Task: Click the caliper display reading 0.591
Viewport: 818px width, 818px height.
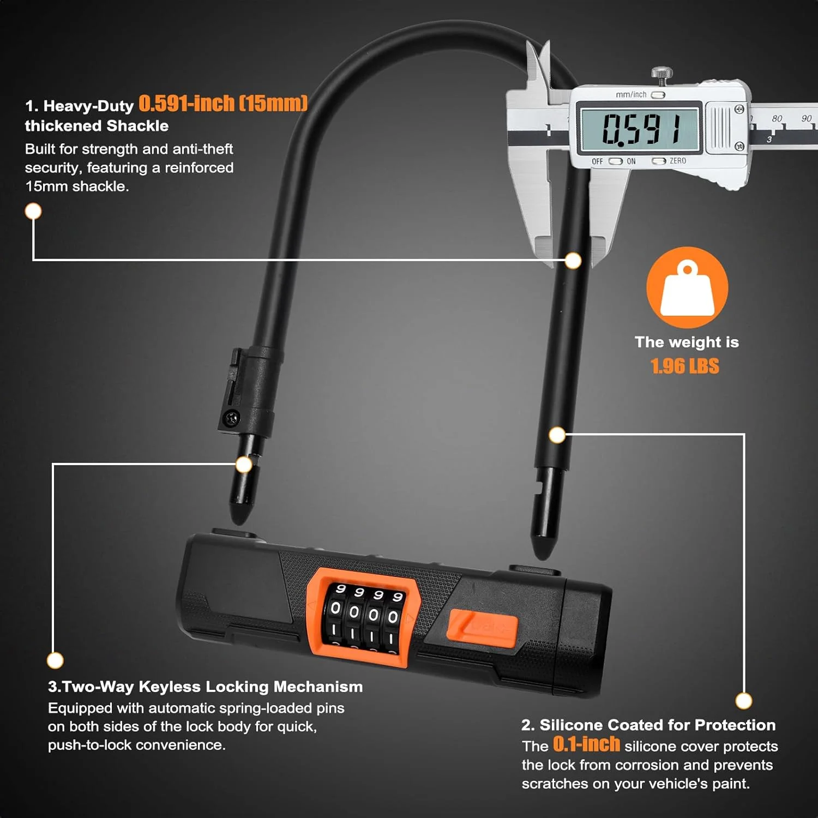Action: [639, 129]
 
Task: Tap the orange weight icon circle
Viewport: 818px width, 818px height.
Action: [687, 287]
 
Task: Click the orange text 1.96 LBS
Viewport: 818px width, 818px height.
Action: [685, 366]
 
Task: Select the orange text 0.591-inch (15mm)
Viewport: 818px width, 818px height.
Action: [223, 103]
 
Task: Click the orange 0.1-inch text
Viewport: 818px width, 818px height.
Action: [586, 744]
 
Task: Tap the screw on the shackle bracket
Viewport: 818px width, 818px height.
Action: [231, 419]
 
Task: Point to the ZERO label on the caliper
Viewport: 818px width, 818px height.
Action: [678, 161]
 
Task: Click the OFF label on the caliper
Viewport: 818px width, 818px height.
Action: [598, 161]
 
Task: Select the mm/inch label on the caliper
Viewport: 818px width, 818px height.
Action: [631, 95]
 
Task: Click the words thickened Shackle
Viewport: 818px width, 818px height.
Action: [97, 126]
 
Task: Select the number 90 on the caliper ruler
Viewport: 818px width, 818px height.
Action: [807, 118]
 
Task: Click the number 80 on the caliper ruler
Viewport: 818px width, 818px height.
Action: [777, 118]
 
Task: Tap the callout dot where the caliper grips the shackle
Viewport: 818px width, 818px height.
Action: [573, 261]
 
